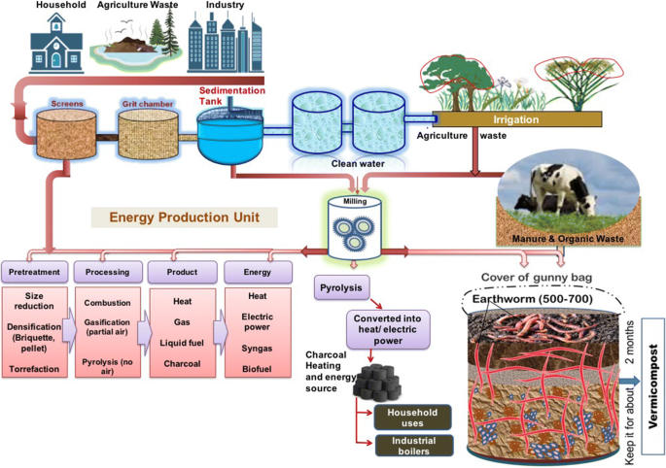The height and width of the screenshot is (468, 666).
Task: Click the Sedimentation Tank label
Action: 218,94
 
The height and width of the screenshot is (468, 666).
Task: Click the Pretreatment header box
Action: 34,270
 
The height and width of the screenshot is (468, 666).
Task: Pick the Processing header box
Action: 106,270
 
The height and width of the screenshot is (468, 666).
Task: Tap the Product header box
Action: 178,270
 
